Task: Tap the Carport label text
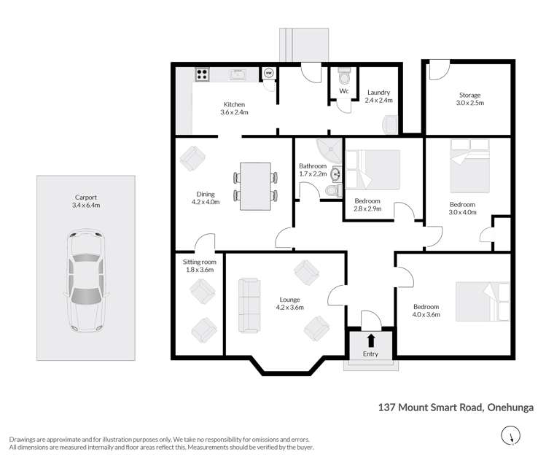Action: click(87, 201)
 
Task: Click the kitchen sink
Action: click(237, 74)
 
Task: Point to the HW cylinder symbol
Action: click(268, 73)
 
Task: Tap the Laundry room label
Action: click(378, 96)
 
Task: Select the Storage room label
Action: click(470, 99)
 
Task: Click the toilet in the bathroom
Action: click(332, 190)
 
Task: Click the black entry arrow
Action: click(371, 339)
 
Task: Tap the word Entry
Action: click(371, 354)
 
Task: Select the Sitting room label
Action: click(199, 265)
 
